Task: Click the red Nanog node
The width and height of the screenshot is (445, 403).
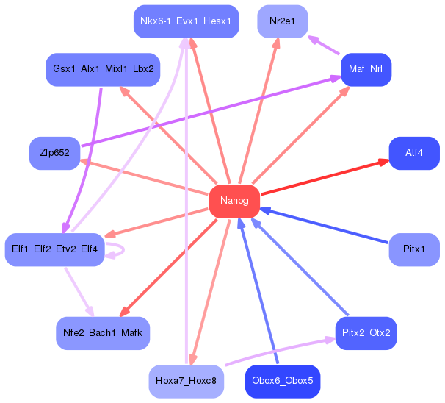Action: tap(234, 201)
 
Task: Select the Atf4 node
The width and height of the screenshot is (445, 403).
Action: tap(414, 153)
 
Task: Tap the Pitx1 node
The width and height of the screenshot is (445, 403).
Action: tap(414, 249)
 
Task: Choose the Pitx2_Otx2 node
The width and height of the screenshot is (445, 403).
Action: tap(366, 333)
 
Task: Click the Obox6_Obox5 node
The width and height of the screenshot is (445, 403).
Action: tap(283, 381)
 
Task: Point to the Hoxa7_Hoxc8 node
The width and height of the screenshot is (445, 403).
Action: tap(187, 381)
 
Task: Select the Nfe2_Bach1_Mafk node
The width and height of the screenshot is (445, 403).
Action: tap(103, 333)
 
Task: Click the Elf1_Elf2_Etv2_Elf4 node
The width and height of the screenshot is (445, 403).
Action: tap(55, 249)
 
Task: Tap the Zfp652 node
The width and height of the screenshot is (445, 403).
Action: tap(55, 153)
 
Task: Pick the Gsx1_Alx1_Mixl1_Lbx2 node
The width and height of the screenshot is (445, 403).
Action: tap(103, 70)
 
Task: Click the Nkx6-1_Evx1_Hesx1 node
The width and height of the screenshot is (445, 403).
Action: tap(187, 21)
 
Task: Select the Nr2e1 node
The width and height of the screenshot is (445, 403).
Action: tap(283, 21)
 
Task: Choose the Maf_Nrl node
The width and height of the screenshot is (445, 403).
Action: tap(366, 70)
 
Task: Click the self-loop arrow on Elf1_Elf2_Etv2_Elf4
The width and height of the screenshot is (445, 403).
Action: tap(123, 250)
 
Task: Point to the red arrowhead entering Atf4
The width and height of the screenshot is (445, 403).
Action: tap(383, 163)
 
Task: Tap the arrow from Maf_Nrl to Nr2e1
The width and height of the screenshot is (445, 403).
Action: tap(324, 45)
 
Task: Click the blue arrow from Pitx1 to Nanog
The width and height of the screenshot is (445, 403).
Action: tap(324, 226)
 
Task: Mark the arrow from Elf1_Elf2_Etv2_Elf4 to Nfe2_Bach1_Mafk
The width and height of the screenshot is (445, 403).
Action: tap(79, 292)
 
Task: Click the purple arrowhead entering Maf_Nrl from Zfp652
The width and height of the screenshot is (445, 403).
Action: tap(336, 79)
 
